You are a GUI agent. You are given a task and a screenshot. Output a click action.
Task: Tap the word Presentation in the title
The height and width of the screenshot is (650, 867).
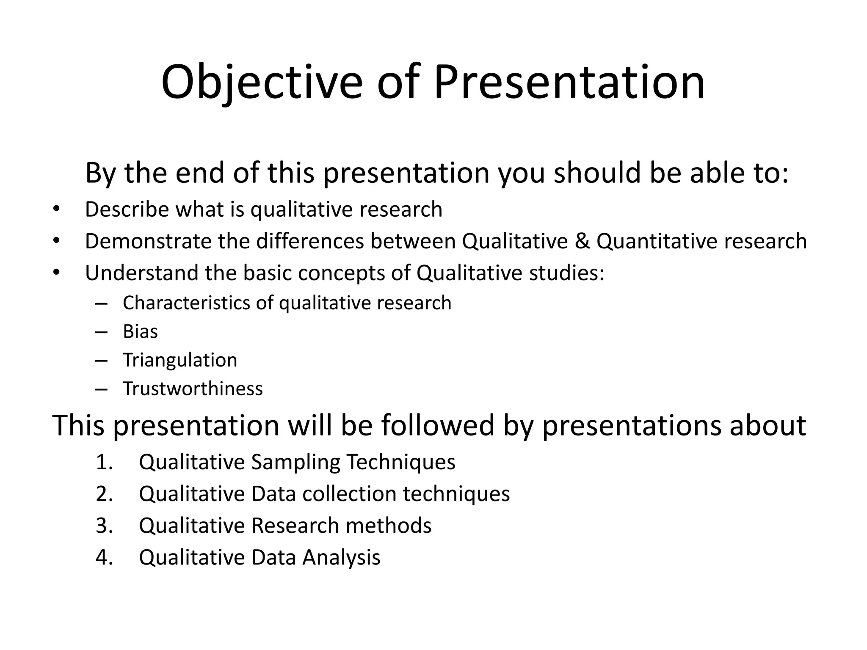569,83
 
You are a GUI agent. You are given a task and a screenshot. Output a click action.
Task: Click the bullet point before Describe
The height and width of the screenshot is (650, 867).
56,209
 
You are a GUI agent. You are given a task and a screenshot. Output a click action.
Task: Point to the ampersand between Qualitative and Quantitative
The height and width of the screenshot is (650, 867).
582,241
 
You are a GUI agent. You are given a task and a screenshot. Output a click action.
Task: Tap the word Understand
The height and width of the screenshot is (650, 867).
141,273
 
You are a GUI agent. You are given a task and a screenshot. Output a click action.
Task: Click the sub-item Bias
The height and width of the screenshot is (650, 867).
140,331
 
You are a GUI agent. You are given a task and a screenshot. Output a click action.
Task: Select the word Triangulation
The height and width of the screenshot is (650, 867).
180,360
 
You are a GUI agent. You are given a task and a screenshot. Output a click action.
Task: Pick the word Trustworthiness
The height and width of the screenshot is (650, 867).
193,388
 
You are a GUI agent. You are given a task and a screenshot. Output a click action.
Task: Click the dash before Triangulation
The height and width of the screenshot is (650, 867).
102,360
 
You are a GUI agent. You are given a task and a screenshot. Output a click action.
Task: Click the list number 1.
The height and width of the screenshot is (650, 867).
104,462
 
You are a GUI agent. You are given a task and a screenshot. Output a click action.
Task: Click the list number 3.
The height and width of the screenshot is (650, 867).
104,526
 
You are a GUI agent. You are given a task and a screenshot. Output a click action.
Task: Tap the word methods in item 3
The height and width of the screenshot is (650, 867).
388,526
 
